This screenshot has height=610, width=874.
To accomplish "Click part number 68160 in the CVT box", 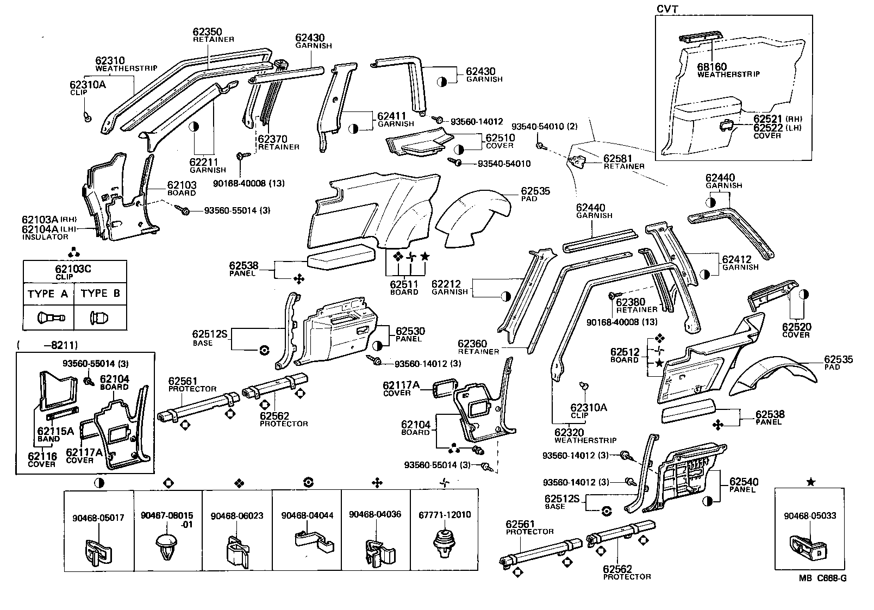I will (711, 67).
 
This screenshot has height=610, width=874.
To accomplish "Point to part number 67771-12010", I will (445, 515).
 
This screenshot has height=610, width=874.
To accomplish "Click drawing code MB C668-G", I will (822, 593).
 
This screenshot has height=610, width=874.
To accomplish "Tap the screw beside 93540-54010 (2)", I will (539, 146).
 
